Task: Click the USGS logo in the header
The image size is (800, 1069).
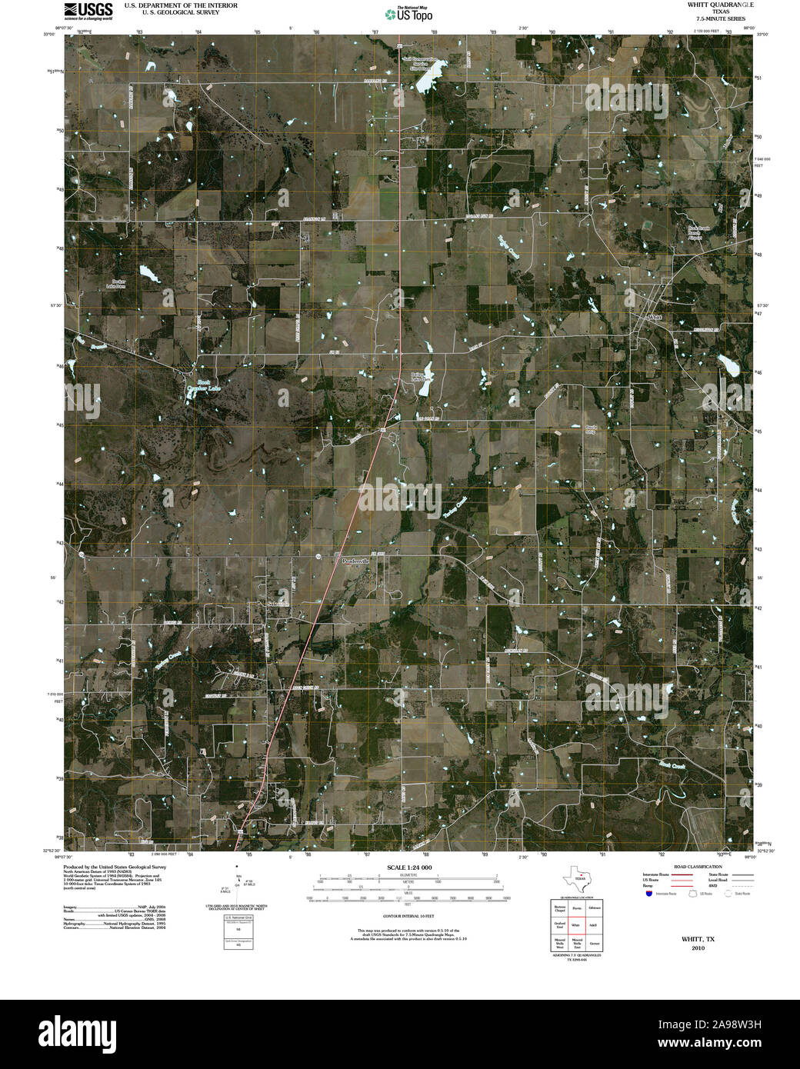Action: (x=88, y=10)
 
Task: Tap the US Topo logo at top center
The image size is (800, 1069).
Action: (x=408, y=14)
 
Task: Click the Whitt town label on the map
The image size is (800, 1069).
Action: (x=655, y=317)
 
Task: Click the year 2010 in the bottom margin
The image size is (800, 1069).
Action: (x=698, y=947)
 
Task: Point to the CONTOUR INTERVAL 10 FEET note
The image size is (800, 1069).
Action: (x=408, y=916)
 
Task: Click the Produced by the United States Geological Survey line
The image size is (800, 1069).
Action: (x=115, y=867)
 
